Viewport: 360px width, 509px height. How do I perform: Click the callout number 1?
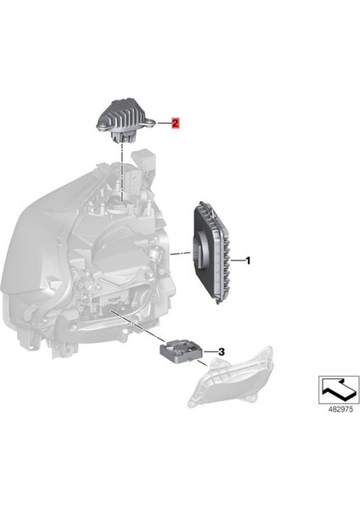tap(248, 261)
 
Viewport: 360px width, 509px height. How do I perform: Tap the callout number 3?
tap(221, 350)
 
